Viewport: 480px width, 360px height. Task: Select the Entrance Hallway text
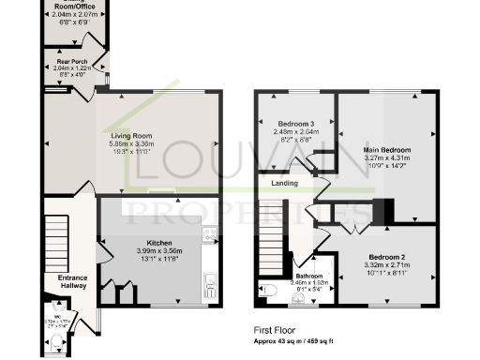pyautogui.click(x=72, y=283)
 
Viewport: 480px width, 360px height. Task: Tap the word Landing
pyautogui.click(x=285, y=183)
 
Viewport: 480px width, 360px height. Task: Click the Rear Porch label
pyautogui.click(x=73, y=62)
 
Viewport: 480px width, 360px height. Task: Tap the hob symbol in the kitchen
pyautogui.click(x=208, y=235)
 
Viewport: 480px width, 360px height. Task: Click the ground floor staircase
pyautogui.click(x=59, y=235)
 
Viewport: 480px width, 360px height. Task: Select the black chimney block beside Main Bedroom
pyautogui.click(x=380, y=213)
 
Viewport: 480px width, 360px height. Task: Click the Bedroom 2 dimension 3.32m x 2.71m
pyautogui.click(x=386, y=266)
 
